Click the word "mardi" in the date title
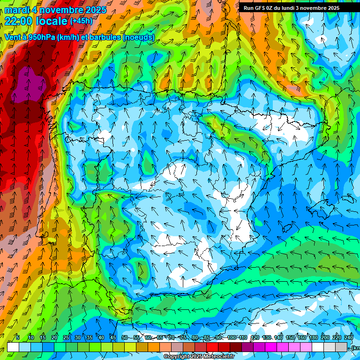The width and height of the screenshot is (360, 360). (x=15, y=10)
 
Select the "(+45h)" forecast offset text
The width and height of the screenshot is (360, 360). (x=81, y=21)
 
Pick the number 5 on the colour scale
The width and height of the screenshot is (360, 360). (x=18, y=338)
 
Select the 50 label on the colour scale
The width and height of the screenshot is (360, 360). (x=124, y=338)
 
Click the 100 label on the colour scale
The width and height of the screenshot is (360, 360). (x=232, y=338)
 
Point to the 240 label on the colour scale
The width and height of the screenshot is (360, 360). (x=348, y=338)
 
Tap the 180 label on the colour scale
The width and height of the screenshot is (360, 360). (x=314, y=338)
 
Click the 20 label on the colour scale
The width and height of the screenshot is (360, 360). (x=54, y=338)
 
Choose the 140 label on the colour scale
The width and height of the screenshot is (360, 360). (x=278, y=338)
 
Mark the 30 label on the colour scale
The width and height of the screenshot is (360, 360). (x=77, y=338)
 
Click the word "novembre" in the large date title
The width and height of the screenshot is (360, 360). (x=60, y=10)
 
